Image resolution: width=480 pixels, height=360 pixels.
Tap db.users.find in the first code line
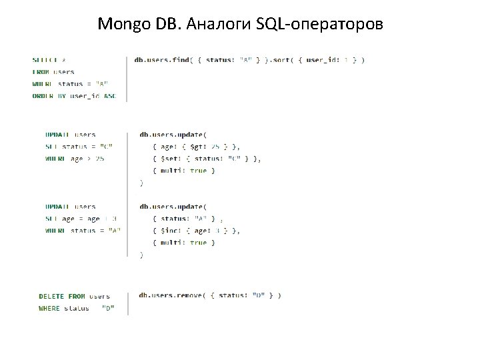click(162, 60)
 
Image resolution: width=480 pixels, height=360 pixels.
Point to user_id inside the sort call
click(321, 60)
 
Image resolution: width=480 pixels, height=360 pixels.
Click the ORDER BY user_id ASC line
click(74, 96)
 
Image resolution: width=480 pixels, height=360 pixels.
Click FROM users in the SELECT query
click(53, 72)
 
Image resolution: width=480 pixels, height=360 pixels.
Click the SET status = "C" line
click(79, 147)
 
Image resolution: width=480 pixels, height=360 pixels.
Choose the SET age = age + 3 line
click(81, 219)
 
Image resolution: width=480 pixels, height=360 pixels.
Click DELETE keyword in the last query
click(53, 296)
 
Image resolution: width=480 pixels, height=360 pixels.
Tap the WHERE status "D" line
click(76, 308)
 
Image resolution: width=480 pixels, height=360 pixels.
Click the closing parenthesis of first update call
click(141, 183)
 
